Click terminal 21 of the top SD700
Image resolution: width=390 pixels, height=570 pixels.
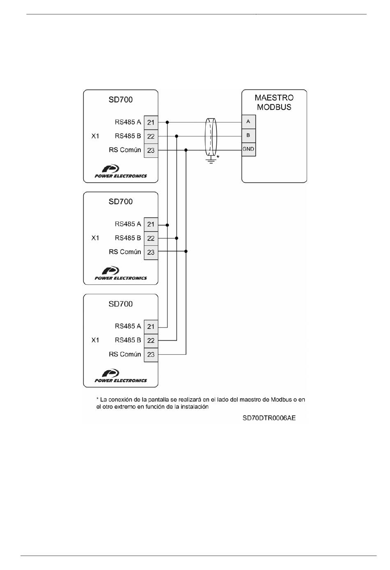click(151, 122)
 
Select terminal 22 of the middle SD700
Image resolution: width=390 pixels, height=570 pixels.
click(151, 238)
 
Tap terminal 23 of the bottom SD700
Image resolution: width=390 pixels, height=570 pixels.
click(151, 355)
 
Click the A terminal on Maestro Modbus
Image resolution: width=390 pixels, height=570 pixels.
click(248, 122)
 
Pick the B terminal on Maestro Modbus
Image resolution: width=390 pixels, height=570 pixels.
click(248, 135)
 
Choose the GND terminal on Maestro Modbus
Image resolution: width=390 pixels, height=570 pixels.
click(248, 149)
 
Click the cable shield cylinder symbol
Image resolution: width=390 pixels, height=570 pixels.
click(211, 137)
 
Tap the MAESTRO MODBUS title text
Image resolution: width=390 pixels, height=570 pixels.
click(274, 102)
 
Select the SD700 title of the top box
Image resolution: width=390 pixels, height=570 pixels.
click(121, 99)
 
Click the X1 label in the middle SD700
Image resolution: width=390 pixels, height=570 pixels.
click(95, 238)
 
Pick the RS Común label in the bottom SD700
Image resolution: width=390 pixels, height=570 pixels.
click(125, 354)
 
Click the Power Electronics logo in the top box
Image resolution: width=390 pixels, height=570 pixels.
click(121, 171)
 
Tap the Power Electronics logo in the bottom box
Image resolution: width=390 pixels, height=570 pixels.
click(121, 376)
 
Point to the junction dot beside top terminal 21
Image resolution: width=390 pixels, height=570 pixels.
click(167, 122)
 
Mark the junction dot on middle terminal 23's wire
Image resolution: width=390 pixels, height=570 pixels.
click(186, 252)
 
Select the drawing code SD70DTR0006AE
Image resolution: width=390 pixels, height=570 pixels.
click(269, 418)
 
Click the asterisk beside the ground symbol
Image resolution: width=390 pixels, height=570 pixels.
click(218, 157)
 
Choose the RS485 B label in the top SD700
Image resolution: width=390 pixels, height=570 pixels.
click(128, 136)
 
